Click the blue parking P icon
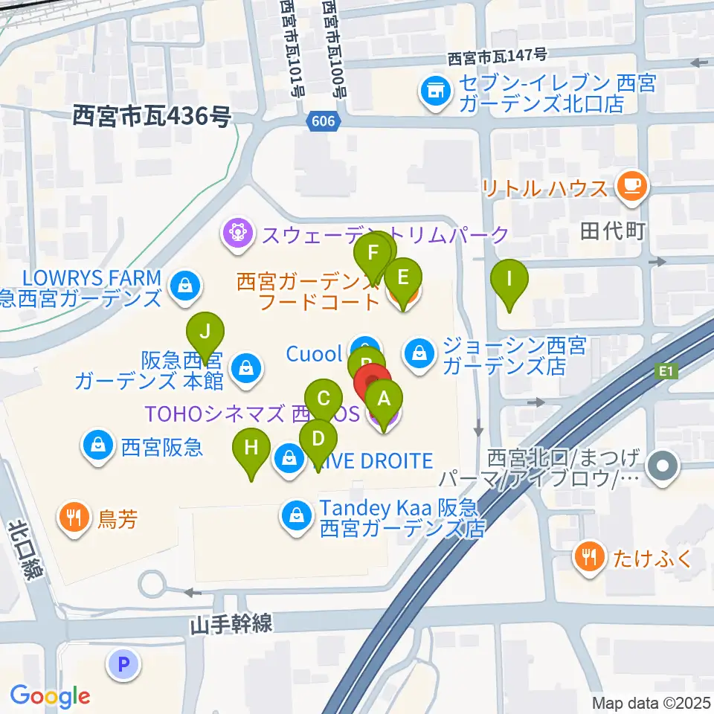(124, 663)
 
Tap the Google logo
(50, 696)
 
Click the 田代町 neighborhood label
(611, 231)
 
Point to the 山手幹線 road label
(230, 623)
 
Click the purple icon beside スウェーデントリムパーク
(237, 234)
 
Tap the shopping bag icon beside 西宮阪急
(97, 446)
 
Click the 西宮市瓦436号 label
(152, 115)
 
